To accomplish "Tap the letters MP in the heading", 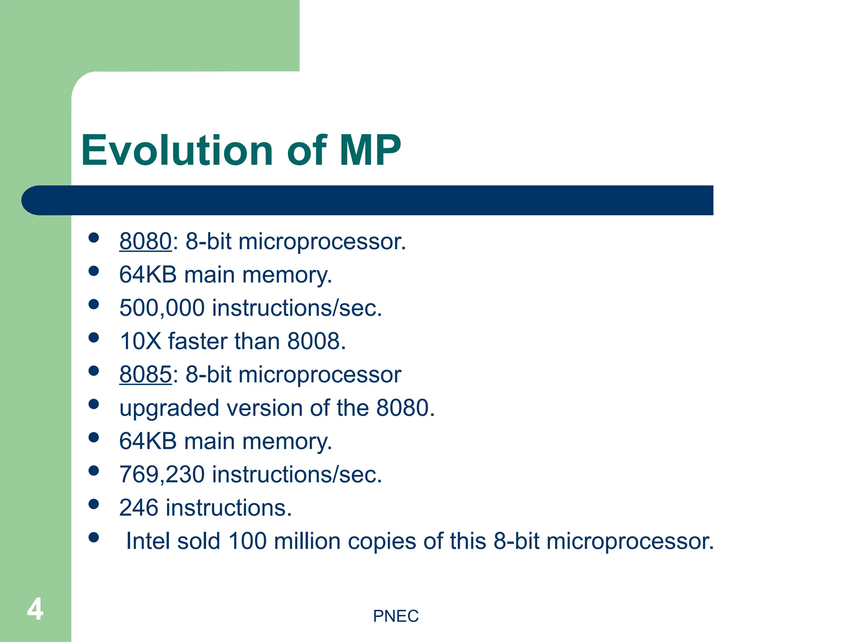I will click(x=370, y=150).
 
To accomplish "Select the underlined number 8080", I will click(x=145, y=242).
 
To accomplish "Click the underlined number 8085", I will click(x=145, y=374).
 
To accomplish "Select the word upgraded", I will click(x=169, y=408).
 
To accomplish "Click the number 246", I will click(x=138, y=508).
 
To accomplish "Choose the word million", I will click(x=307, y=541).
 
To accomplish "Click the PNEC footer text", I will click(x=395, y=616).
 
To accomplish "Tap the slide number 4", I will click(x=35, y=609).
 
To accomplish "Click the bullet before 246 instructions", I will click(x=94, y=504).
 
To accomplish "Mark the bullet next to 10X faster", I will click(x=94, y=338).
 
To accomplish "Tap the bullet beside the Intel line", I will click(x=94, y=538).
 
